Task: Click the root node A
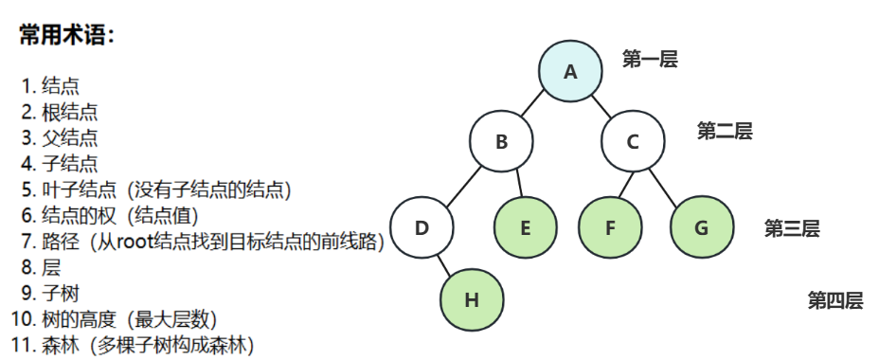tap(570, 71)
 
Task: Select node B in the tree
tap(501, 142)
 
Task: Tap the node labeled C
tap(633, 142)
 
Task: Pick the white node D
tap(422, 227)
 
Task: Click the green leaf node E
tap(526, 227)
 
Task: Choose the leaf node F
tap(609, 227)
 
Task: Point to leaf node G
tap(701, 227)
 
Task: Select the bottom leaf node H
tap(472, 300)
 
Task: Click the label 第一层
tap(650, 60)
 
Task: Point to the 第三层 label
tap(792, 228)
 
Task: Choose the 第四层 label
tap(835, 301)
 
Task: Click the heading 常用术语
tap(67, 37)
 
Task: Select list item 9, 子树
tap(61, 293)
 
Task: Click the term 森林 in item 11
tap(61, 344)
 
